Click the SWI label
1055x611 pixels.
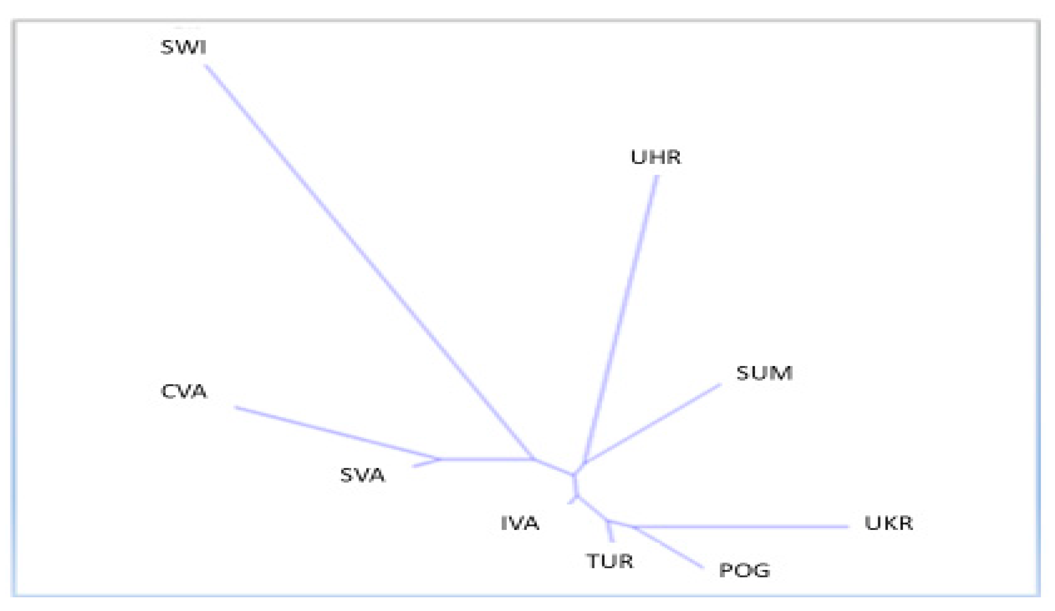pyautogui.click(x=183, y=47)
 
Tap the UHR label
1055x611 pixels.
pyautogui.click(x=655, y=157)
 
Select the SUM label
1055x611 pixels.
pyautogui.click(x=764, y=373)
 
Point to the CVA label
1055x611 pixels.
pyautogui.click(x=184, y=392)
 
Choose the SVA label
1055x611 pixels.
pyautogui.click(x=362, y=475)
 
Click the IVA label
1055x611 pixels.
pyautogui.click(x=520, y=523)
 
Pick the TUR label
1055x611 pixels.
pyautogui.click(x=610, y=561)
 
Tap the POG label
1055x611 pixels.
pyautogui.click(x=745, y=570)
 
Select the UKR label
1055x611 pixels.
pyautogui.click(x=888, y=523)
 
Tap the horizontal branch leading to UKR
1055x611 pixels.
pyautogui.click(x=739, y=526)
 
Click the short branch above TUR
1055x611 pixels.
pyautogui.click(x=610, y=532)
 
